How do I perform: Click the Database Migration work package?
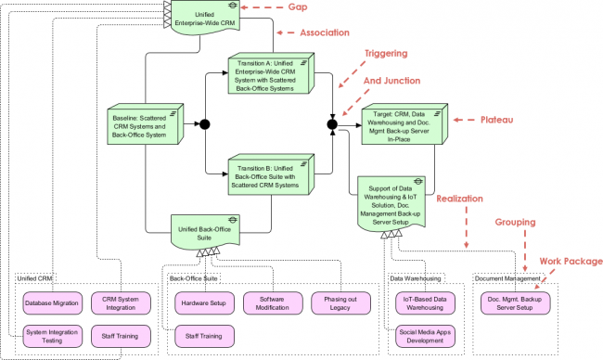tap(52, 302)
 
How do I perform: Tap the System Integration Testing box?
tap(52, 335)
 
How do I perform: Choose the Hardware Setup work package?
tap(202, 302)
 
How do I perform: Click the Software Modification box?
tap(270, 302)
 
